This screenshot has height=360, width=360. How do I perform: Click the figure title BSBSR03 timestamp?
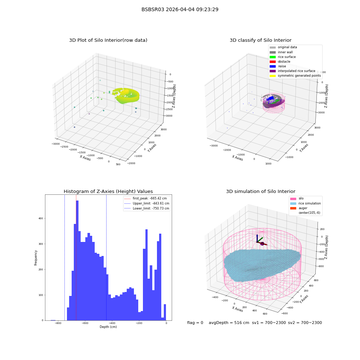pos(180,9)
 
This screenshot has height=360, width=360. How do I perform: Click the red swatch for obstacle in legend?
pos(273,62)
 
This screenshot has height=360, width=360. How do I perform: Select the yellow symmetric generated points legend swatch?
pos(273,76)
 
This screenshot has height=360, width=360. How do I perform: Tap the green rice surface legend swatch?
pos(273,57)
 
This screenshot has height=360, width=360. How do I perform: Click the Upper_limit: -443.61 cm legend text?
pos(151,203)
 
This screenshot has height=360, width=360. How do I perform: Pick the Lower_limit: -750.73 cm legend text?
pos(151,208)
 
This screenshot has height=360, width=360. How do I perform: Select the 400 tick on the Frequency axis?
pos(41,219)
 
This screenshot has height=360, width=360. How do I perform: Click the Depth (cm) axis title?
pos(108,327)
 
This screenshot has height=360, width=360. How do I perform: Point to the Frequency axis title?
pos(36,258)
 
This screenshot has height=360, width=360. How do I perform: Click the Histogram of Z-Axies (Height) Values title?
pos(108,192)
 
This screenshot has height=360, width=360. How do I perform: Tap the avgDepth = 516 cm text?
pos(229,323)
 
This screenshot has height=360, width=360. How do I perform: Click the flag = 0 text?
pos(195,323)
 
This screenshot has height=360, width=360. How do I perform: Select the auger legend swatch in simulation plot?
pos(293,208)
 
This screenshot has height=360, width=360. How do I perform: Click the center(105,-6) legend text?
pos(309,213)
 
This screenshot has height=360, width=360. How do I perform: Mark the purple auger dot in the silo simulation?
pos(262,244)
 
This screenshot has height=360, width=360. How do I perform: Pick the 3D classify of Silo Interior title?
pos(261,40)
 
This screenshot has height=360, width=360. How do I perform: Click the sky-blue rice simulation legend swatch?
pos(293,203)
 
